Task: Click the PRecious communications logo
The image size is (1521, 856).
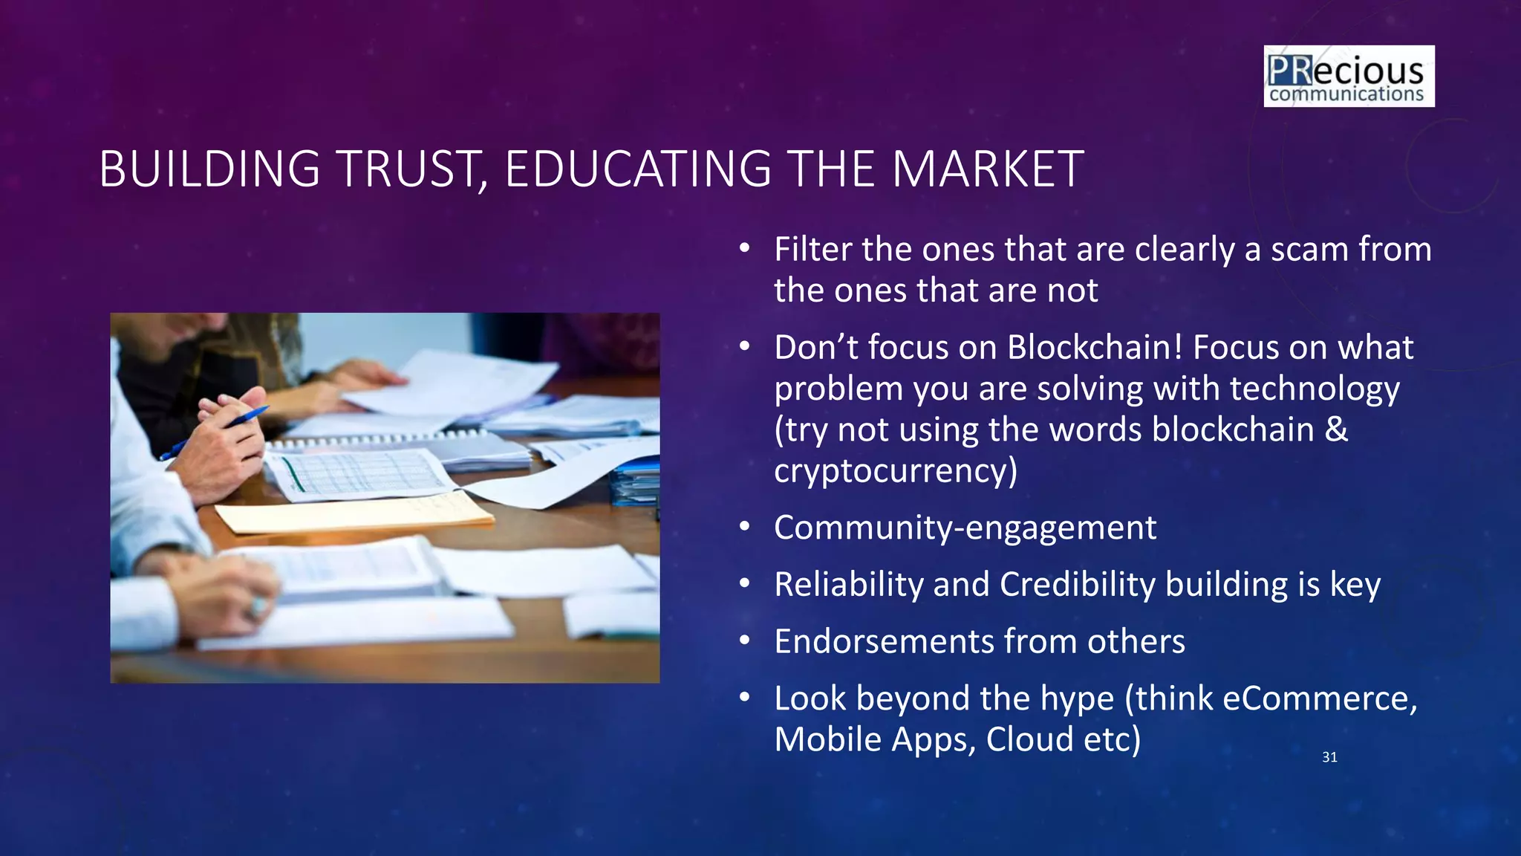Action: tap(1349, 77)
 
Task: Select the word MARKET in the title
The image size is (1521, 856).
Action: tap(988, 169)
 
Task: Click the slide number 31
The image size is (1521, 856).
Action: tap(1329, 757)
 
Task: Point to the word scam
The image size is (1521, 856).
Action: tap(1310, 250)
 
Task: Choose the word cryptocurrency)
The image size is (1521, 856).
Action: tap(895, 471)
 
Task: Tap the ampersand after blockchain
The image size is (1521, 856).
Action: tap(1336, 429)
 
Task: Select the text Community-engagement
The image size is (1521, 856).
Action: tap(965, 528)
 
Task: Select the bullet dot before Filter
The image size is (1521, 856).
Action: tap(745, 249)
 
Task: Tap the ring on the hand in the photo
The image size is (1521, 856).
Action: tap(257, 607)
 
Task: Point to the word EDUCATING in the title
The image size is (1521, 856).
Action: tap(638, 169)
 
